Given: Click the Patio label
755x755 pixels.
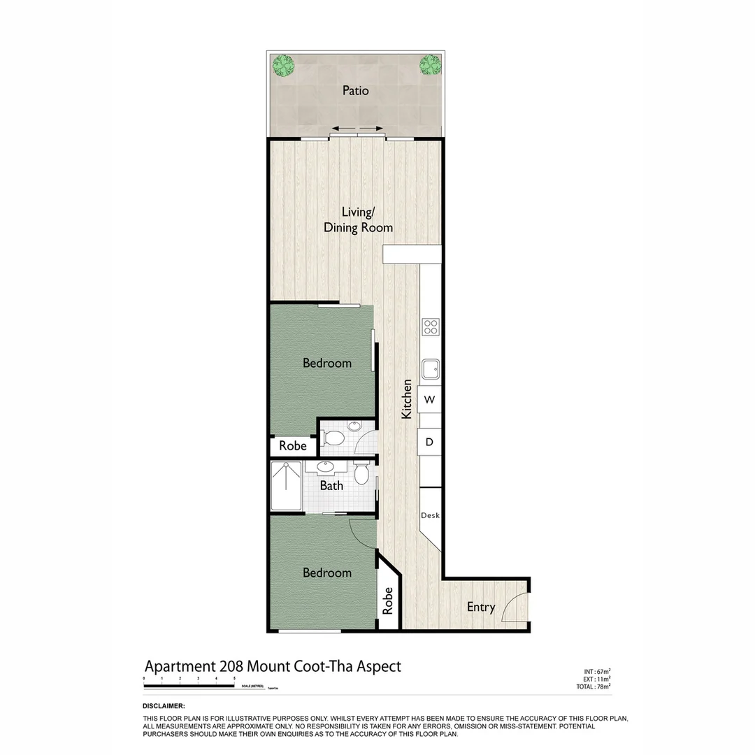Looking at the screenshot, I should pyautogui.click(x=355, y=91).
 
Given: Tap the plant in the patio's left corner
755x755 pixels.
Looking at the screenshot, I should pyautogui.click(x=284, y=66).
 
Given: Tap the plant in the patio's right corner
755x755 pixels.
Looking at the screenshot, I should pyautogui.click(x=430, y=66).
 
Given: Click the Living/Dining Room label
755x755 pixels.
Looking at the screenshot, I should pyautogui.click(x=357, y=220).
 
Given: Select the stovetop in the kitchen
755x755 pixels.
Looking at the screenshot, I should pyautogui.click(x=431, y=326).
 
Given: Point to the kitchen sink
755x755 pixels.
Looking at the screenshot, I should pyautogui.click(x=431, y=368).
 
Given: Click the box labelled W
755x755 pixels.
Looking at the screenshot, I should pyautogui.click(x=430, y=400).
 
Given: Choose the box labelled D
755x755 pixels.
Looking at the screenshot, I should pyautogui.click(x=430, y=442).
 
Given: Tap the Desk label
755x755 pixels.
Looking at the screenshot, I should pyautogui.click(x=430, y=516).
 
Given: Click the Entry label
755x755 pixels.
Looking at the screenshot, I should pyautogui.click(x=481, y=607).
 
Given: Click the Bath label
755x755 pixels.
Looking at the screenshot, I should pyautogui.click(x=331, y=485).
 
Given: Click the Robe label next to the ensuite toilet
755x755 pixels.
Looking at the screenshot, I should pyautogui.click(x=293, y=446).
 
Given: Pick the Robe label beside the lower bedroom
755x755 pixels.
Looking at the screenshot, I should pyautogui.click(x=388, y=600).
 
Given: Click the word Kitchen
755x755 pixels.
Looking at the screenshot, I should pyautogui.click(x=406, y=400).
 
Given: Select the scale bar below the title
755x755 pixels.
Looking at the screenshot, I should pyautogui.click(x=189, y=686).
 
